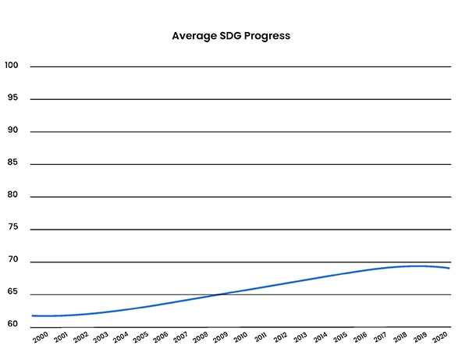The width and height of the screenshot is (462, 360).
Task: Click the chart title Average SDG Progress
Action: tap(231, 36)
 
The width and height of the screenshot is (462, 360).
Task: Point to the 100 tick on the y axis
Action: tap(11, 65)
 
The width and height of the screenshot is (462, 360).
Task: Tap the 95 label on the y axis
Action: tap(12, 98)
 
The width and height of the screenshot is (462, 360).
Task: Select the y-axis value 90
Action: tap(12, 130)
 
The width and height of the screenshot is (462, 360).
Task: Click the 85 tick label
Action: tap(12, 163)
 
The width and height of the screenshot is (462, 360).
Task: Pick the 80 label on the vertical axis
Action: tap(12, 196)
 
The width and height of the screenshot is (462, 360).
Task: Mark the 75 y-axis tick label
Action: tap(12, 228)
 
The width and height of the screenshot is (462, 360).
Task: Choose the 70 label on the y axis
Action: tap(12, 261)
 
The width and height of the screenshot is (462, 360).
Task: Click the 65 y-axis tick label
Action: tap(12, 294)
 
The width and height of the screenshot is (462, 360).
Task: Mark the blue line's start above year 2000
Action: tap(33, 315)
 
